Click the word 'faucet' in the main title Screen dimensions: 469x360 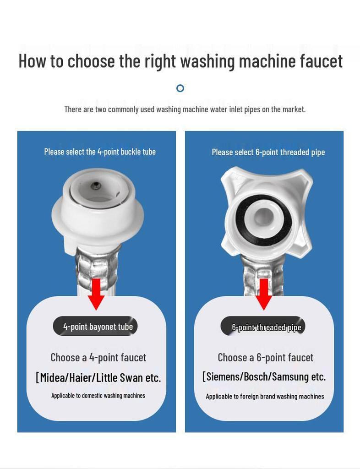pos(316,61)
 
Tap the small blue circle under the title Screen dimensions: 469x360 pos(180,88)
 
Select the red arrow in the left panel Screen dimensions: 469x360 pos(96,293)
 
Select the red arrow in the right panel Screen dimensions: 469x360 pos(264,293)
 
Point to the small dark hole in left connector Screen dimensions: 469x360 pos(95,185)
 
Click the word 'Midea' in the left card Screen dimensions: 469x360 pos(54,378)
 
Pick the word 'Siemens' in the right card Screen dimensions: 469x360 pos(222,377)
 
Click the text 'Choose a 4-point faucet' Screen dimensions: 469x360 pos(98,357)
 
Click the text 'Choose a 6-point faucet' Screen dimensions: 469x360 pos(265,357)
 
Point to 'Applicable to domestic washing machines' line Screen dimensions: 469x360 pos(98,395)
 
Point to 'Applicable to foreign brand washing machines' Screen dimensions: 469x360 pos(265,396)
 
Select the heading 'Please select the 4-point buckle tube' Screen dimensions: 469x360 pos(100,152)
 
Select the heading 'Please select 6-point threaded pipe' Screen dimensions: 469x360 pos(268,152)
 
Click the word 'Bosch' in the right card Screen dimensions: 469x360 pos(256,377)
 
